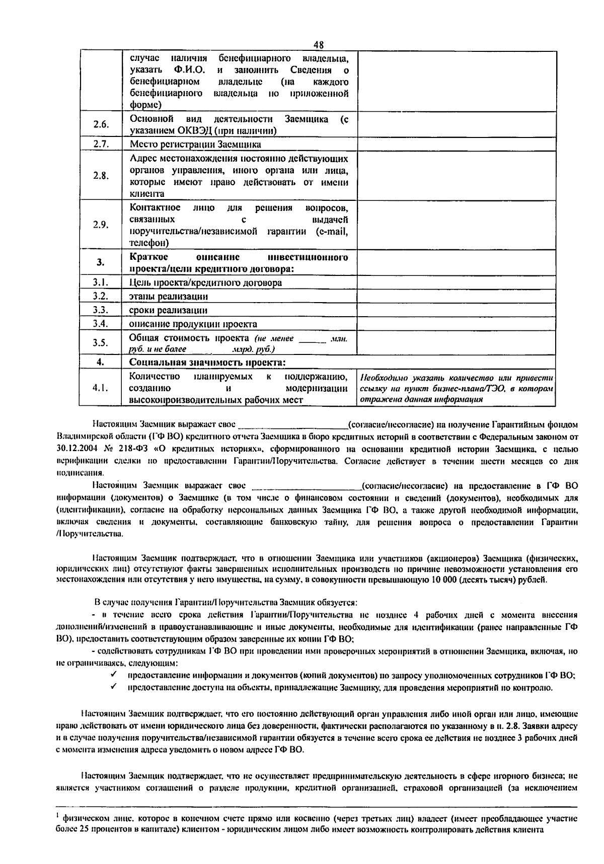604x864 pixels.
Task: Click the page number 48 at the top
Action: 318,45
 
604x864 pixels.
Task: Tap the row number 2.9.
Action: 101,225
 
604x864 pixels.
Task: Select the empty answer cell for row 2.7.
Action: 457,145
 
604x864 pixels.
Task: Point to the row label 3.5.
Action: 101,343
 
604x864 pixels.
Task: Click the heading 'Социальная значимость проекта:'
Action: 207,363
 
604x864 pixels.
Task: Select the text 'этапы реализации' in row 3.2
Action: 169,296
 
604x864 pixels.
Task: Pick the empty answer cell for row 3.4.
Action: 457,324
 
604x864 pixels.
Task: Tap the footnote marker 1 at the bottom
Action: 57,815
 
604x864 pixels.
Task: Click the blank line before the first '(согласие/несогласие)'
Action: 292,425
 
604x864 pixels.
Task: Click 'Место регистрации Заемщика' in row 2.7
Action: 195,145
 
